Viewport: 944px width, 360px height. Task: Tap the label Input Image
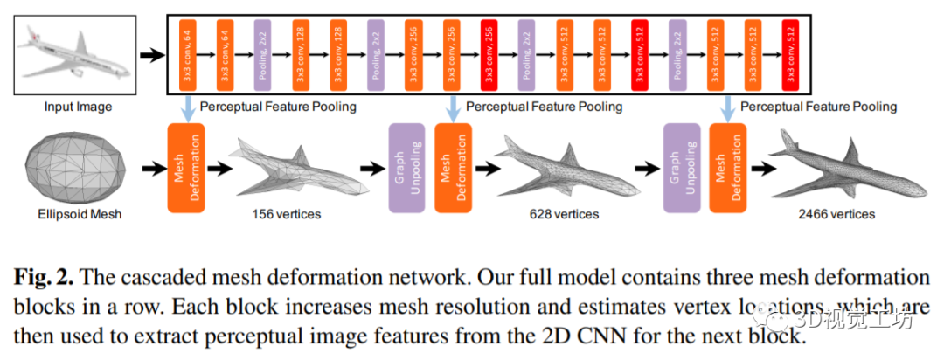[79, 107]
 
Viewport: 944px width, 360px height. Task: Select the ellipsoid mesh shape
[73, 168]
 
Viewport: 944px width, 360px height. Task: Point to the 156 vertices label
[286, 212]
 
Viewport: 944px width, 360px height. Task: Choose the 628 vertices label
[564, 212]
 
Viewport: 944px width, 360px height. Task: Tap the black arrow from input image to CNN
[153, 55]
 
